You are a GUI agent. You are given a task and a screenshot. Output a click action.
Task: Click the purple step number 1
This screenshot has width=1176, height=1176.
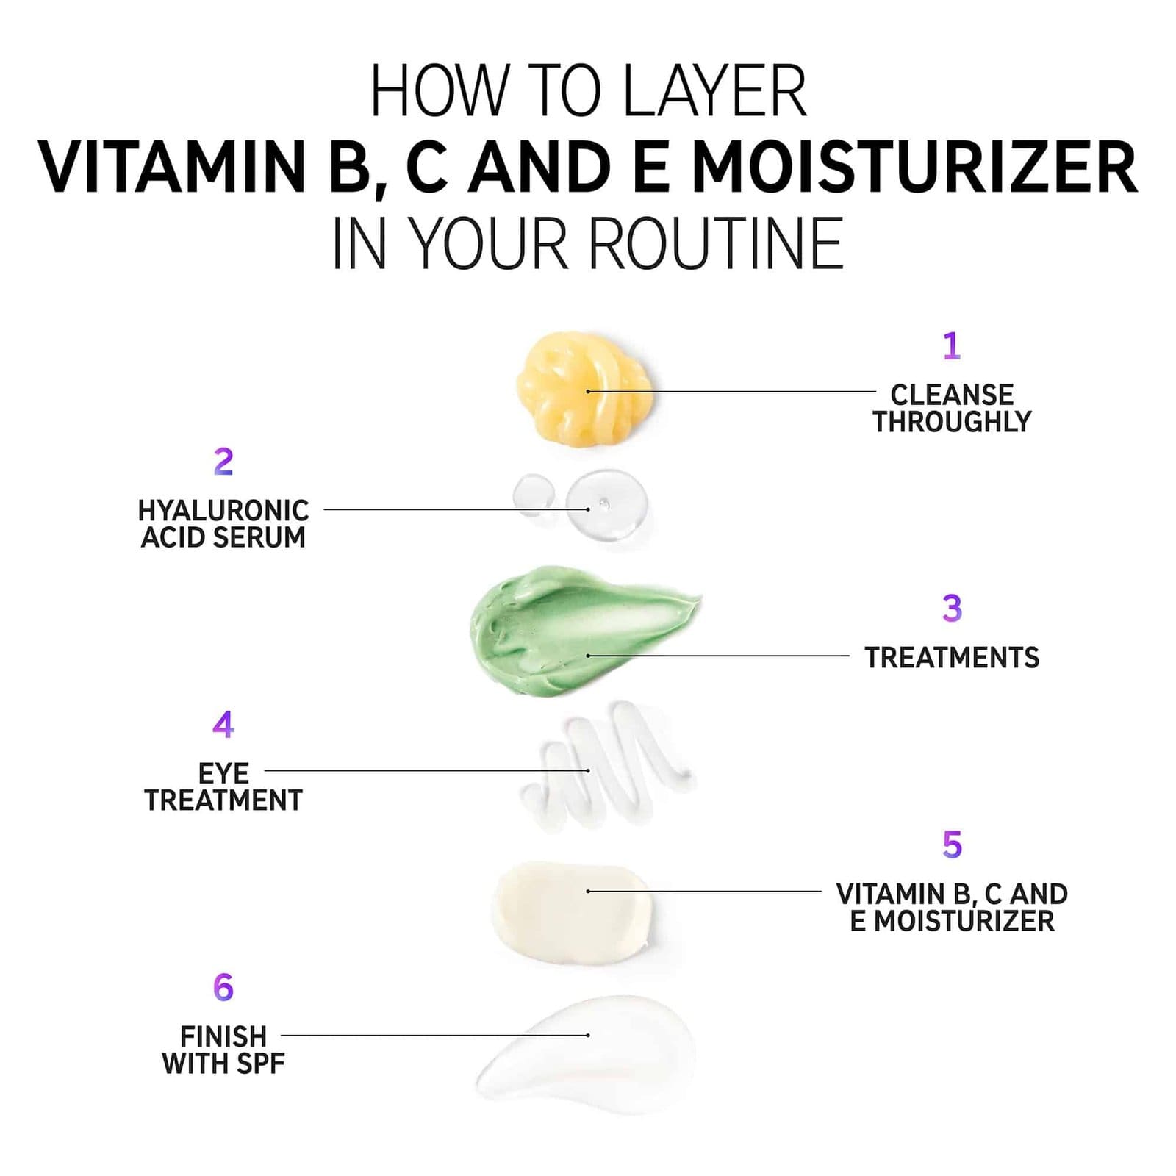tap(952, 345)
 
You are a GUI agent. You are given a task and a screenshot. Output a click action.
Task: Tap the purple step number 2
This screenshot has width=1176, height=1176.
tap(223, 462)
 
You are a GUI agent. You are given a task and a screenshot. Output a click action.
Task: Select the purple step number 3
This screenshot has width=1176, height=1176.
tap(952, 608)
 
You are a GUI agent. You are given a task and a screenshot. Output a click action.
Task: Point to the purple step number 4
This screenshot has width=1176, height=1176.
tap(223, 725)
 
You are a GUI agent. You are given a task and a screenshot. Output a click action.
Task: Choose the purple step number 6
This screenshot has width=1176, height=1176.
tap(223, 987)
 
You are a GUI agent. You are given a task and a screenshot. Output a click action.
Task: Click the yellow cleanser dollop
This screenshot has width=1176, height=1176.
tap(584, 387)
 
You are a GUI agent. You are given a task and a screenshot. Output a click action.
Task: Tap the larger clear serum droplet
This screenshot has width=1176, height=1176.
tap(607, 506)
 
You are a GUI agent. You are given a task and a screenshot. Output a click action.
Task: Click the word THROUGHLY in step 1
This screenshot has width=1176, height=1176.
tap(952, 422)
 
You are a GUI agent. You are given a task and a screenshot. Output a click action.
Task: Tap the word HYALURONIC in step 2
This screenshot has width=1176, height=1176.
tap(223, 510)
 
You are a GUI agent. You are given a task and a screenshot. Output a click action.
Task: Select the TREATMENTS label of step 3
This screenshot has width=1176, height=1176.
tap(952, 658)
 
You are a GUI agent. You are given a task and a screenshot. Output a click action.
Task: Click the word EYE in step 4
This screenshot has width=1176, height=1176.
tap(223, 773)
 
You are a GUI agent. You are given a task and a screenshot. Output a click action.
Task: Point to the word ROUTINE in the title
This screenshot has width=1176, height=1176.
tap(716, 243)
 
